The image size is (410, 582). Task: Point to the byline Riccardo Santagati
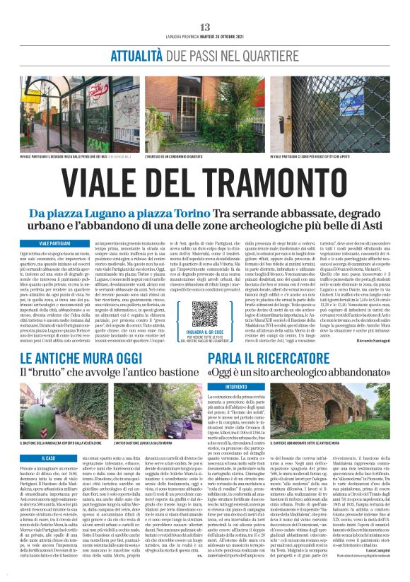pos(375,341)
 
